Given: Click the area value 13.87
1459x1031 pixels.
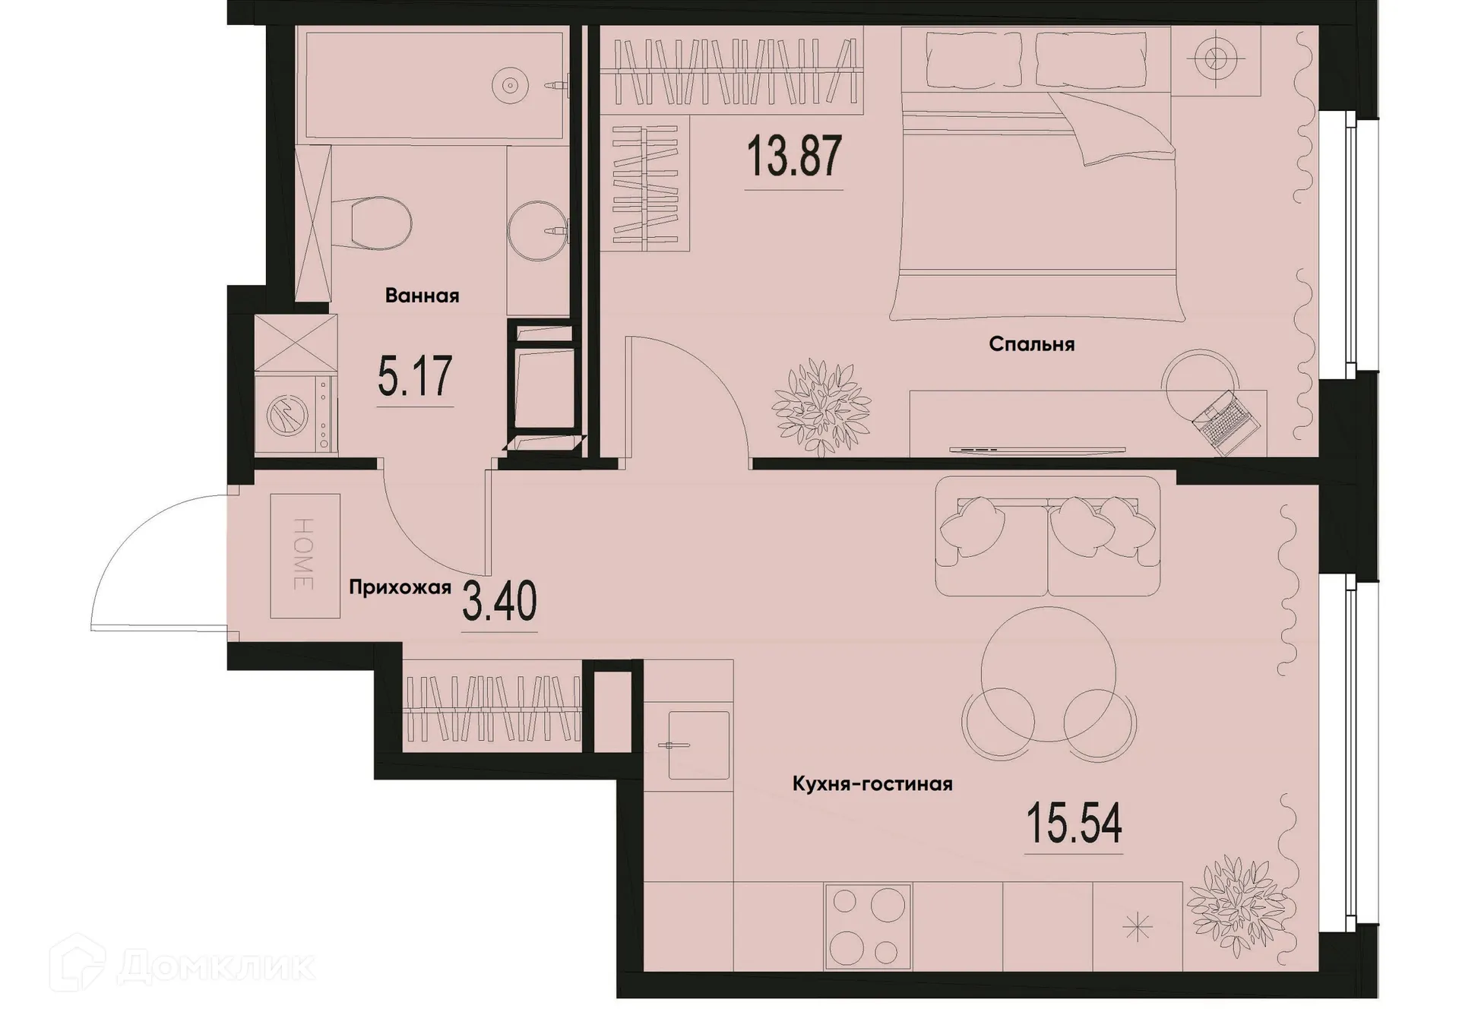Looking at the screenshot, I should pos(794,157).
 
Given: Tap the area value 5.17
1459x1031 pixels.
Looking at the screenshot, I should pos(415,377).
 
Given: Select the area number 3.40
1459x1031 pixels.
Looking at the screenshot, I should pos(499,601).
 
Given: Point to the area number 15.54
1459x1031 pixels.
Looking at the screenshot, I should pos(1074,824).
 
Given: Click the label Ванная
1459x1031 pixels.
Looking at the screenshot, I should pos(422,296).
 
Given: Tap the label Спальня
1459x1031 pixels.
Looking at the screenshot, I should pos(1031,344).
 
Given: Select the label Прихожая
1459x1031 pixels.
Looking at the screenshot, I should pos(400,587).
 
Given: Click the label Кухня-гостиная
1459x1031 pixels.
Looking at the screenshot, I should pos(872,783).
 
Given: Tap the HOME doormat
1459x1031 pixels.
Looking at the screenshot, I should pos(305,555).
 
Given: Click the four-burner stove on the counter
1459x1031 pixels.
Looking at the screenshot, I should pos(867,927).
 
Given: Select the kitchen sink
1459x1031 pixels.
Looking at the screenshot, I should pos(698,745).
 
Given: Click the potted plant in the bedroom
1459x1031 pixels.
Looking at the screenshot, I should pos(821,407).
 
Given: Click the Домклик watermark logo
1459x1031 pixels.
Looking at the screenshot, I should pos(182,966).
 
